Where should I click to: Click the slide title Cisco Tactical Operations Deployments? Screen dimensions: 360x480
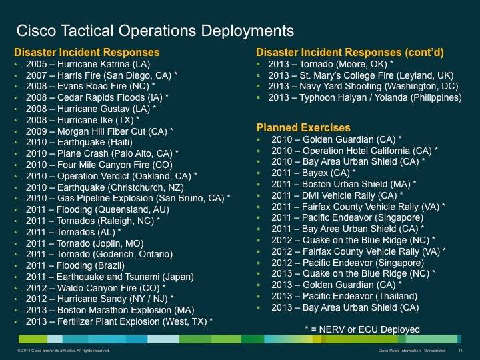point(154,30)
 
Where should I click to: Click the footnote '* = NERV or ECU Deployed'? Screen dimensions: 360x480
point(362,329)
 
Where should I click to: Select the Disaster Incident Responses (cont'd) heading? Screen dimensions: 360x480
point(351,53)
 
